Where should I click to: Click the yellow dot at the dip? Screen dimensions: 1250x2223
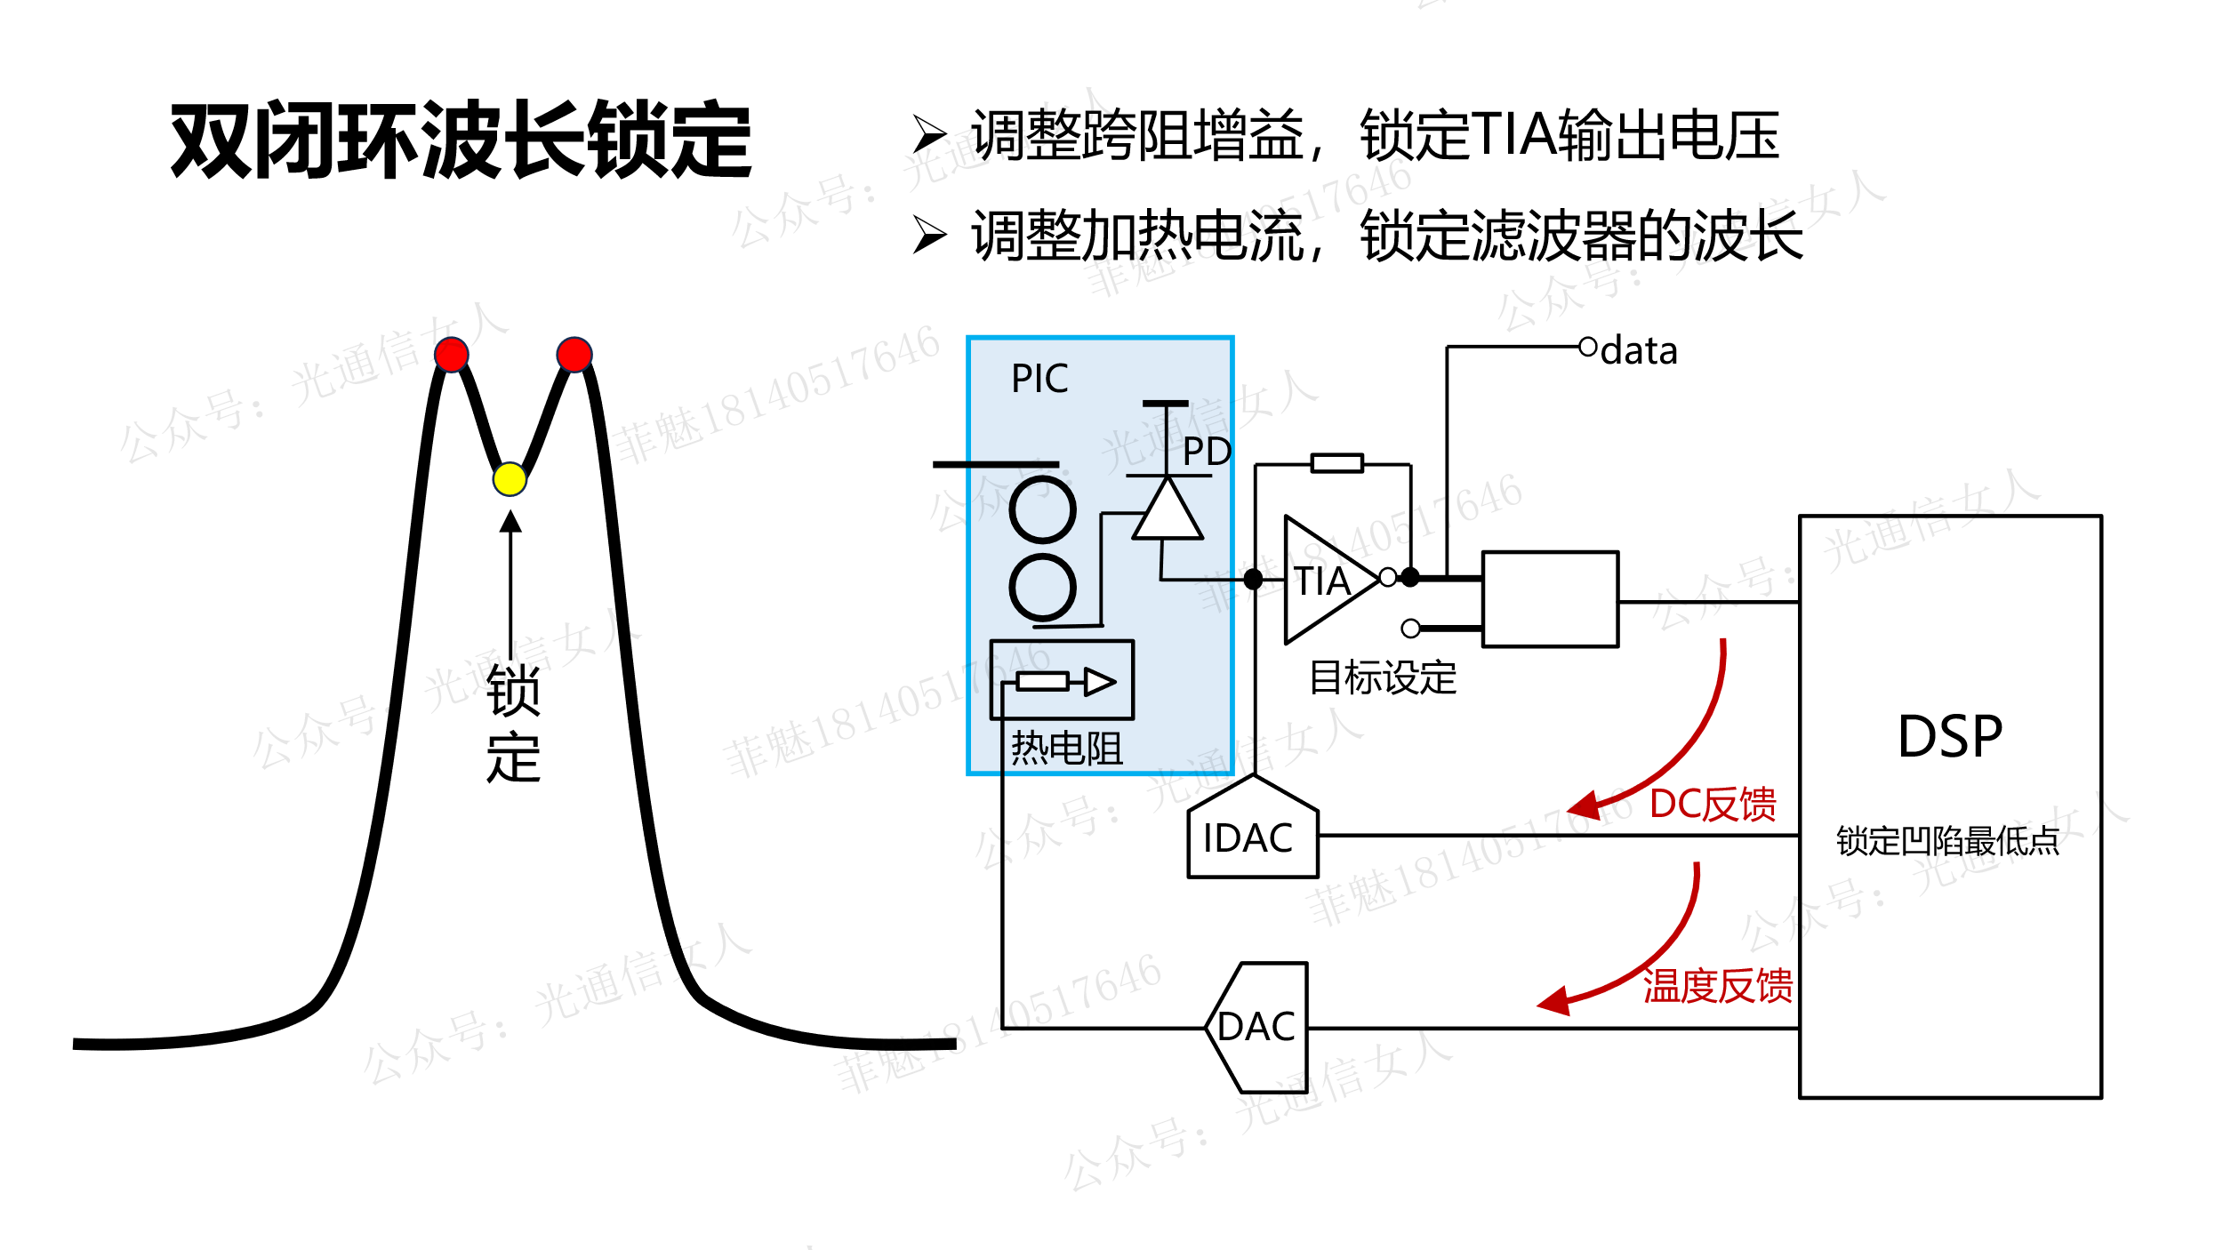510,479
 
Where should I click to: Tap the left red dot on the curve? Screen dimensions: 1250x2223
452,354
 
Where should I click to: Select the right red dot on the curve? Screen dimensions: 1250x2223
574,354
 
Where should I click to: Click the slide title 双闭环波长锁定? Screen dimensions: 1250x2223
461,140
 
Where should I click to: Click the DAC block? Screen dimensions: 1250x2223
1257,1027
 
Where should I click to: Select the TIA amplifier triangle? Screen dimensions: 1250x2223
1325,580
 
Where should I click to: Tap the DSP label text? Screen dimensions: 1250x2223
1950,736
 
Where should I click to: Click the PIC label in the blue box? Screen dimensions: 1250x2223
1039,379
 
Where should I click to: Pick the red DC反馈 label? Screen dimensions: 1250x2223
1713,804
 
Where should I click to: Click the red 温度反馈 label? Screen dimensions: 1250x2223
1717,986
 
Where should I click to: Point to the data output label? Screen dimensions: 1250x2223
1639,351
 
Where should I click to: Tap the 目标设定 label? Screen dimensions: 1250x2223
1383,677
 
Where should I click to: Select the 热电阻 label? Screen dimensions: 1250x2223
1066,748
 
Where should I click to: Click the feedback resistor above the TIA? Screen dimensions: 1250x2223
1336,463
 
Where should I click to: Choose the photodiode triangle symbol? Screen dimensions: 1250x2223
1168,511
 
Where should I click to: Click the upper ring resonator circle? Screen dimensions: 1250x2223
1042,509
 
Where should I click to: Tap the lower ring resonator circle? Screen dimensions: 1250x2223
1042,588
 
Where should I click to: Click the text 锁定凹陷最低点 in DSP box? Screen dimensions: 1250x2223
1947,840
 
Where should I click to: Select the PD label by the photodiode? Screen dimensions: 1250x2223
1207,452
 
